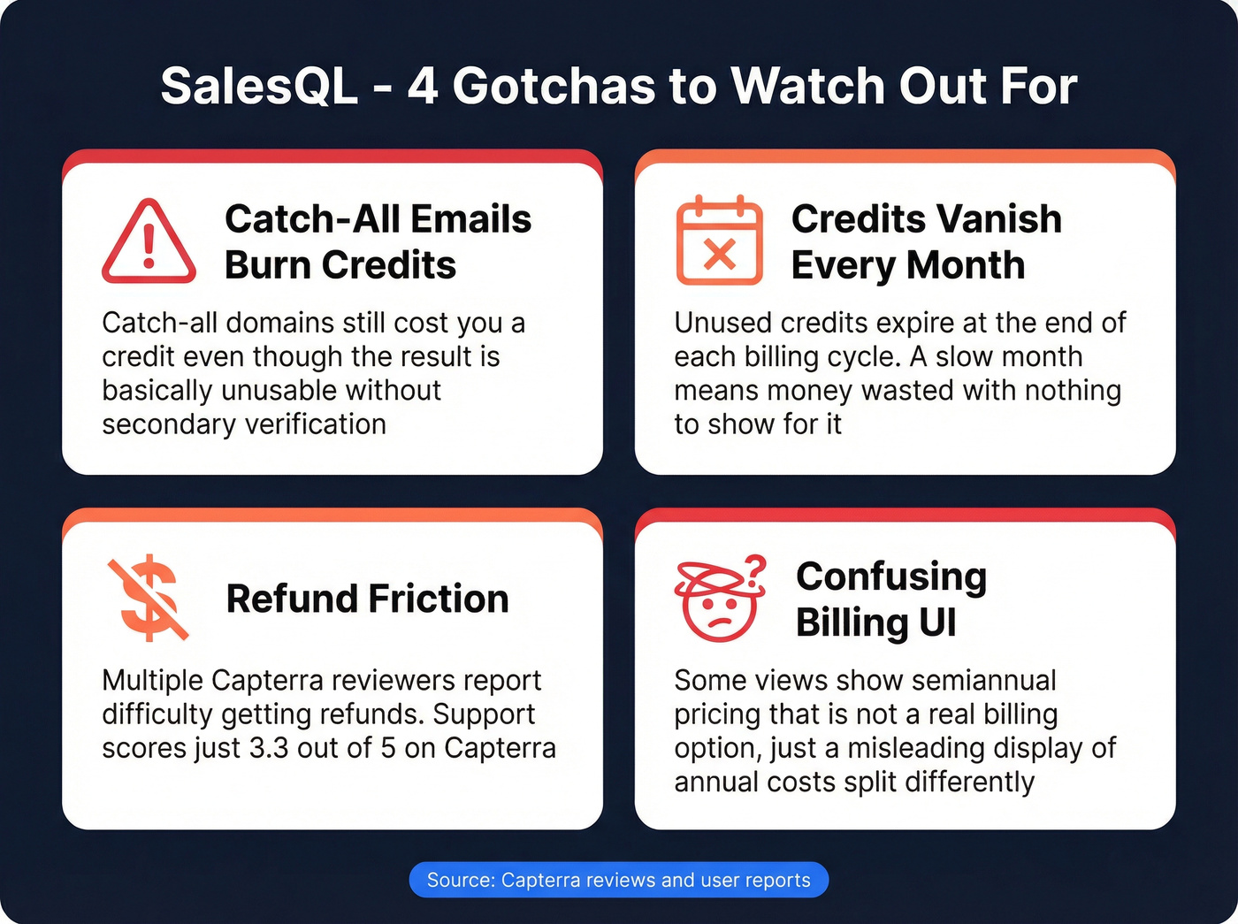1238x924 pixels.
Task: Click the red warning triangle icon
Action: click(149, 243)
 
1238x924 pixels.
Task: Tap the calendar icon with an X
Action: click(719, 241)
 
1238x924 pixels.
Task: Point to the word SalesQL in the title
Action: click(259, 87)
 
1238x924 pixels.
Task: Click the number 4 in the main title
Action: click(423, 87)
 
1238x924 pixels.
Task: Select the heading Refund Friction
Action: click(367, 599)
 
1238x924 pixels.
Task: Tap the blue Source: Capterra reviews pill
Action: click(618, 880)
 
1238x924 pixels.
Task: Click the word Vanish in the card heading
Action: click(1000, 219)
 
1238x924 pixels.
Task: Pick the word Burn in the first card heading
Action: click(268, 265)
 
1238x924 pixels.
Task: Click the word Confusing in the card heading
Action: click(890, 577)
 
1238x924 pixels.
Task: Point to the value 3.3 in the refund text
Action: click(269, 748)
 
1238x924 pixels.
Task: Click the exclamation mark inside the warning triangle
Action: click(149, 247)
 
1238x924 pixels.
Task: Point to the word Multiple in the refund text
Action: click(153, 680)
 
